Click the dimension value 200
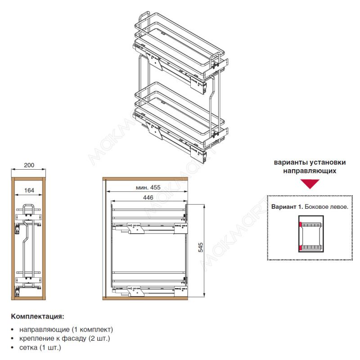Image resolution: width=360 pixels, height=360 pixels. (29, 165)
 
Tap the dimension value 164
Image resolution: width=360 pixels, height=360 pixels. (29, 190)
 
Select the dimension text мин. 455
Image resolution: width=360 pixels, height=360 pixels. (148, 187)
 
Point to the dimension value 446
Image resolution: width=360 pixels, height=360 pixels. (148, 198)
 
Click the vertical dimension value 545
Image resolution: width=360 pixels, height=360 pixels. (201, 247)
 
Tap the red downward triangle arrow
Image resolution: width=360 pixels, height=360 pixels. (310, 184)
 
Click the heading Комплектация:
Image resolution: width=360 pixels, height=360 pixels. (38, 316)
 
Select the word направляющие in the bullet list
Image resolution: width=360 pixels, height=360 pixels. (45, 330)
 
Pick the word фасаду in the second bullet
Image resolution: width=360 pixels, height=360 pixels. (74, 338)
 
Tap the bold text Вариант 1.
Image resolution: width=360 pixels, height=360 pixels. (287, 207)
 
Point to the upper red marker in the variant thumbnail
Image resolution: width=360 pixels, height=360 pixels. (300, 224)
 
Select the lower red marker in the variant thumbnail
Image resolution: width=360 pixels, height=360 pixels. (300, 248)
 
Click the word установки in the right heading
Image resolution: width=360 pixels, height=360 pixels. (328, 162)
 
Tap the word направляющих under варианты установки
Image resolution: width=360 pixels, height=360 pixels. (310, 171)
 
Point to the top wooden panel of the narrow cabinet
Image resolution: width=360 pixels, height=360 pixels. (28, 179)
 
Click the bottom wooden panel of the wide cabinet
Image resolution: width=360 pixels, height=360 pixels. (145, 298)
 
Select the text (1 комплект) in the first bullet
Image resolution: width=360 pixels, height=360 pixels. (92, 330)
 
